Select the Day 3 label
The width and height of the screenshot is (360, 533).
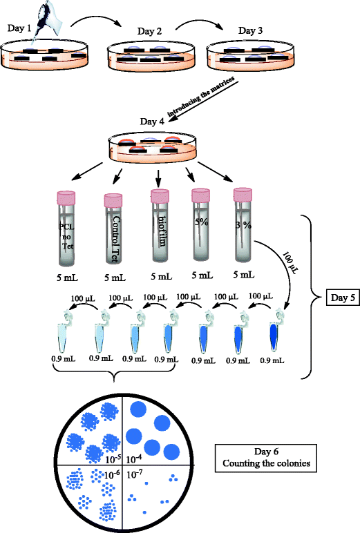point(251,30)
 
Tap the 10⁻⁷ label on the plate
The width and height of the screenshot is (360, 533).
point(135,473)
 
